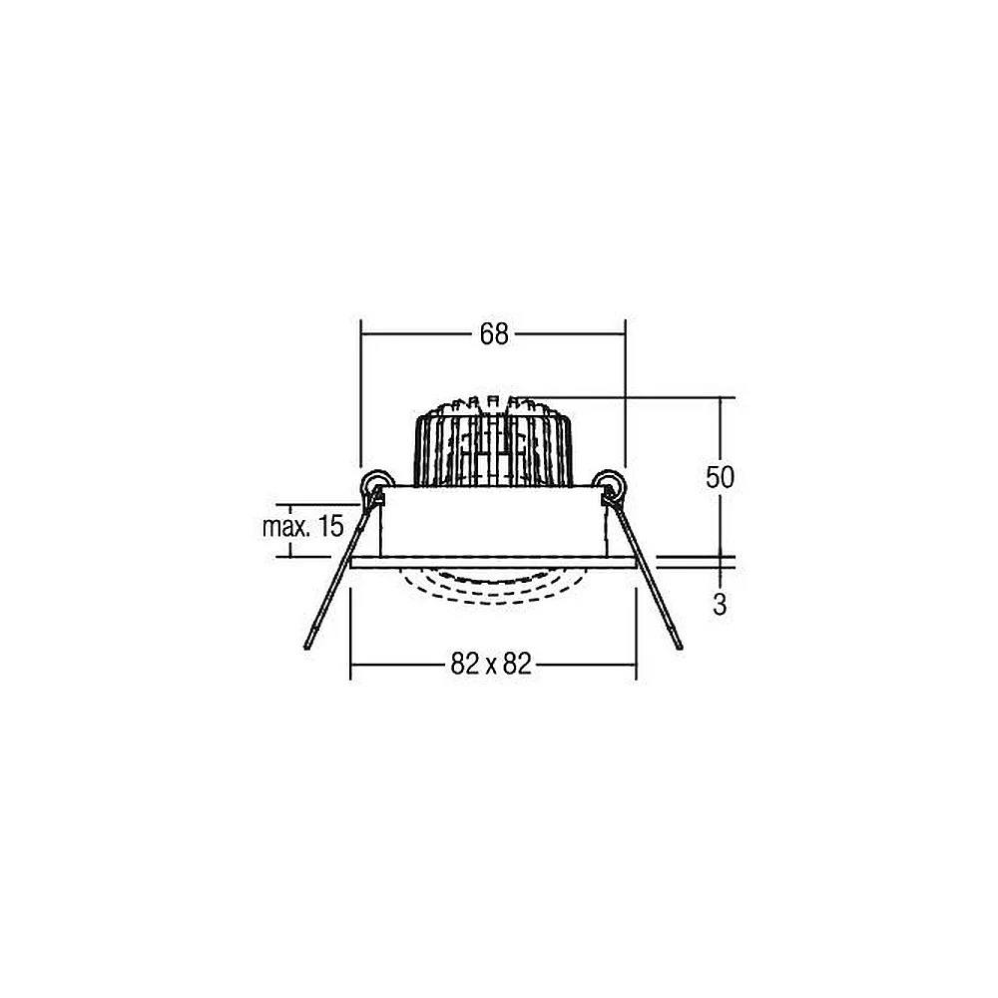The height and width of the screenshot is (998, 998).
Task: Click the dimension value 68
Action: (494, 333)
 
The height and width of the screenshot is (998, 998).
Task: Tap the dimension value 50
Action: (720, 477)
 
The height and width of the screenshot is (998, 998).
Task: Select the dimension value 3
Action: (720, 604)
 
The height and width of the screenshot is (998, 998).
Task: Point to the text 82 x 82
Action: (491, 664)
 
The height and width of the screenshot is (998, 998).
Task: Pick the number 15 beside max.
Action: (331, 526)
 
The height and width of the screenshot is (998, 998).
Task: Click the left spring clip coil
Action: (376, 484)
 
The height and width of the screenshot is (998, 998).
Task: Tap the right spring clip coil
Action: (609, 484)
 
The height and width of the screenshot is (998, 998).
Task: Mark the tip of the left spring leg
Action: (307, 648)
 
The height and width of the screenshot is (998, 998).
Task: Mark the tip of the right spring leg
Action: (680, 647)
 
